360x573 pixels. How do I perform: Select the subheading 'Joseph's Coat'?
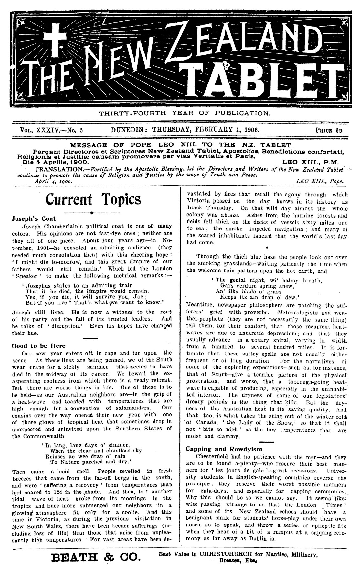click(x=33, y=218)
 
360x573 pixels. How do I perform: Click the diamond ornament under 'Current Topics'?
click(x=92, y=213)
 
